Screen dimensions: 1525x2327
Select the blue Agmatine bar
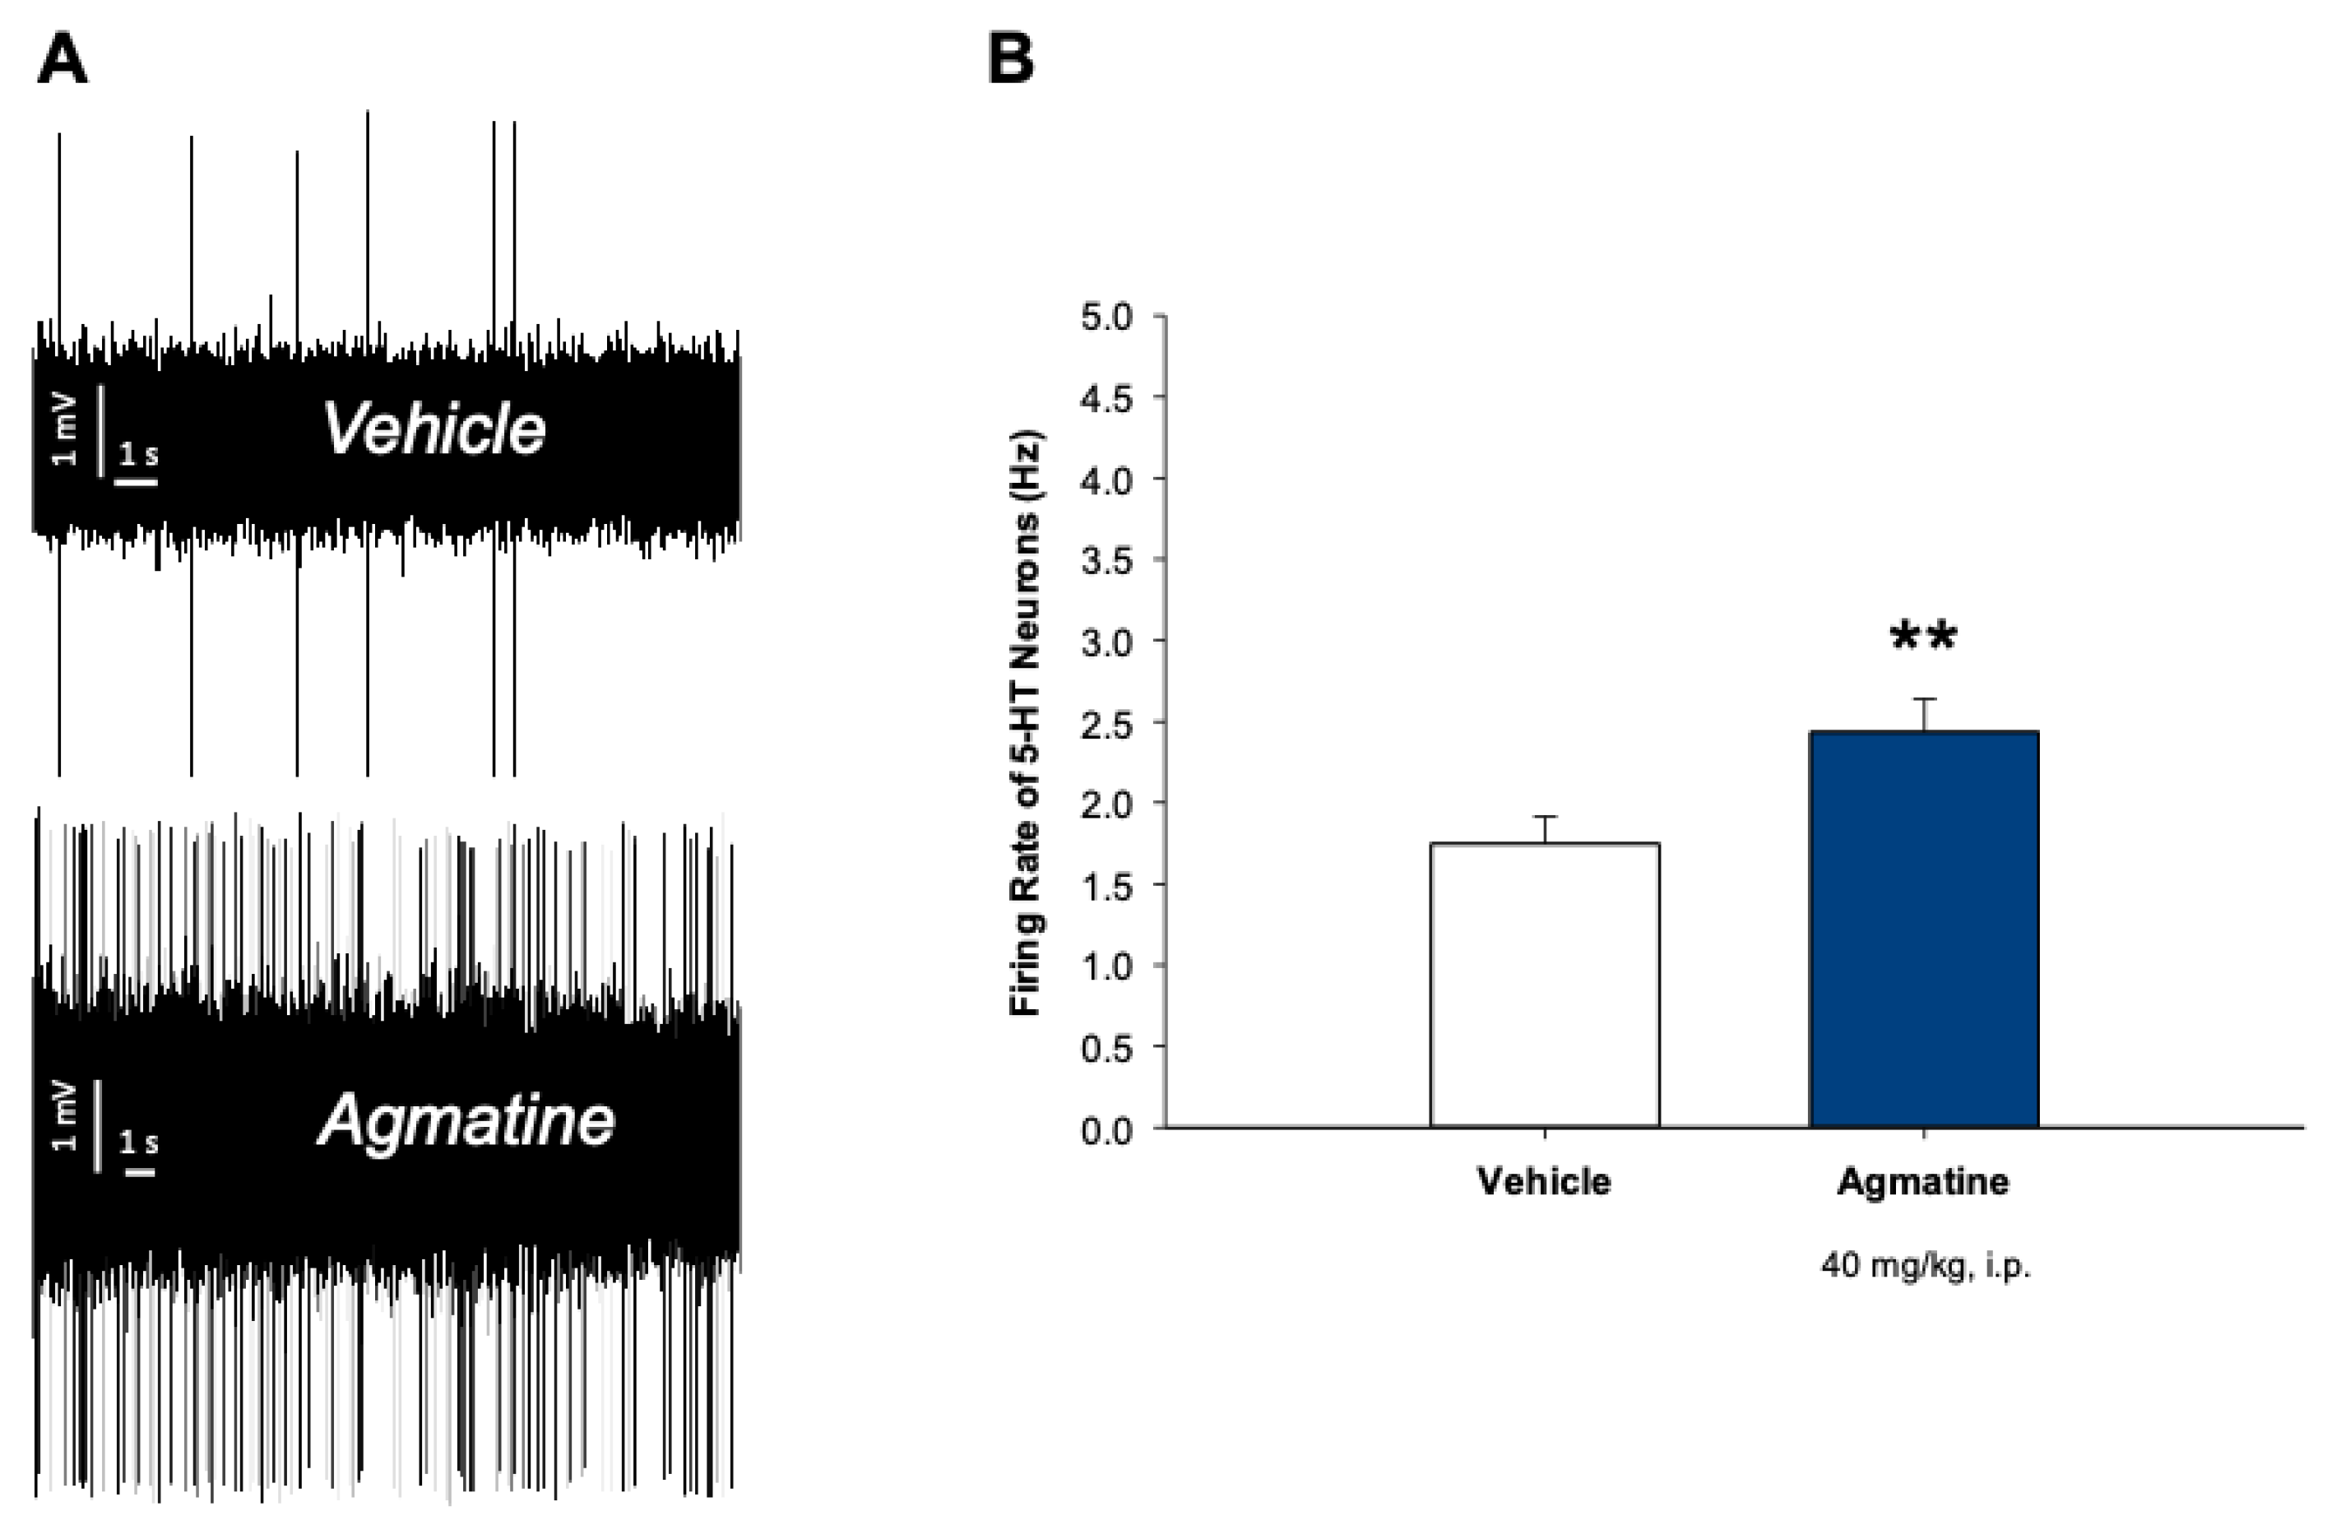coord(1923,929)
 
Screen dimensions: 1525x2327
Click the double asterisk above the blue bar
coord(1923,637)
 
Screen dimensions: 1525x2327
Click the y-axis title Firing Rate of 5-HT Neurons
coord(1026,722)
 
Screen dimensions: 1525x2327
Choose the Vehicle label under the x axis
coord(1544,1182)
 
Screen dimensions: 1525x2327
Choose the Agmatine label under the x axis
coord(1923,1182)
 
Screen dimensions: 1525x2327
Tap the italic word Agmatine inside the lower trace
coord(466,1120)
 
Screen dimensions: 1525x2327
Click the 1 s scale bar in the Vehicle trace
coord(137,480)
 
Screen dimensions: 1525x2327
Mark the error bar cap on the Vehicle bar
coord(1544,816)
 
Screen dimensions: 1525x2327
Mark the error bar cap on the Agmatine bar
coord(1923,699)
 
